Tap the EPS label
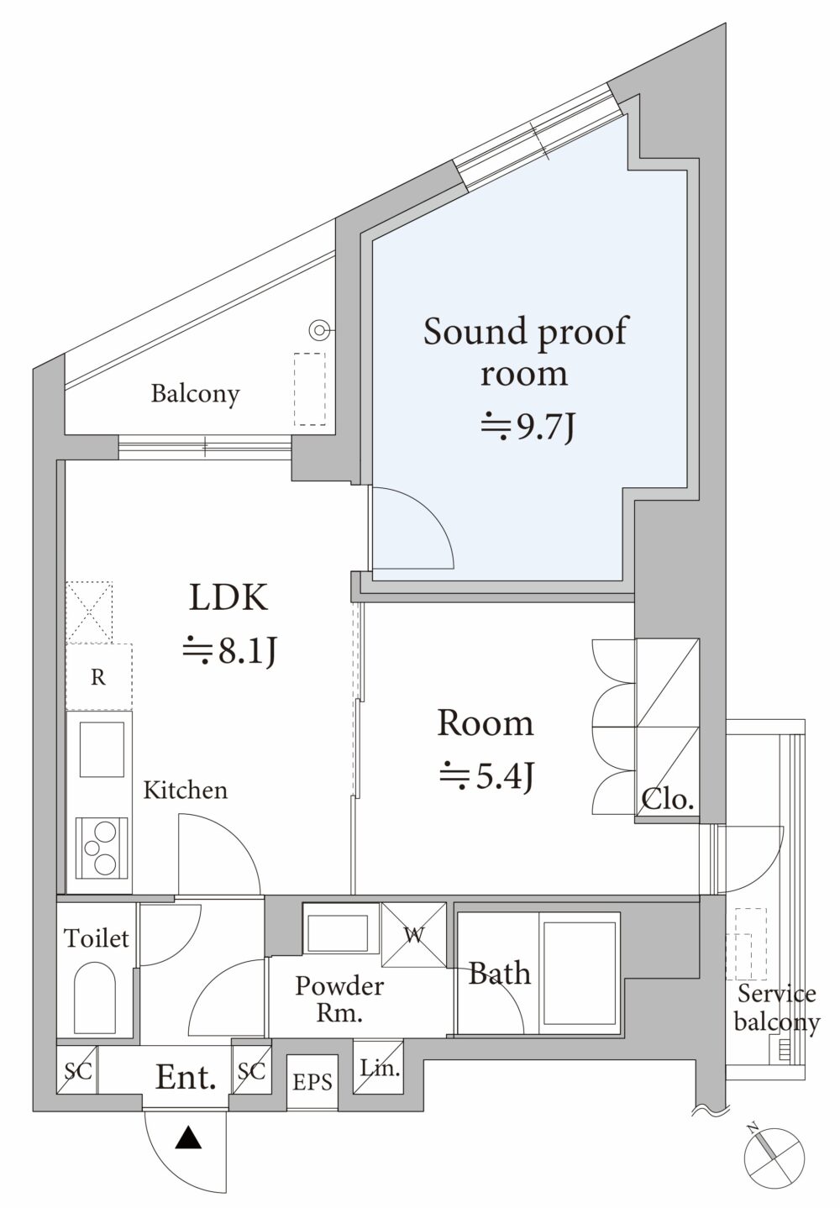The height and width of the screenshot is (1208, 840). point(312,1082)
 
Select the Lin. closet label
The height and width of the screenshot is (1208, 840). point(380,1069)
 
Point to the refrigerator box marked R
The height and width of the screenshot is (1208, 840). point(99,677)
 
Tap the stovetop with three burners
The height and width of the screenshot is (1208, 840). point(101,847)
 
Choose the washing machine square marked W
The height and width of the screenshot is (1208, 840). point(414,935)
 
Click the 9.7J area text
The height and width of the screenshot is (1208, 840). point(528,428)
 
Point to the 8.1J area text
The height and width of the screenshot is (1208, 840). point(229,650)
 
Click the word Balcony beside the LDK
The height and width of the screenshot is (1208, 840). point(195,393)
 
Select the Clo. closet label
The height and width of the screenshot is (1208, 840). point(668,799)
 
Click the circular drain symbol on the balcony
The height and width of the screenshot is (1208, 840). point(319,331)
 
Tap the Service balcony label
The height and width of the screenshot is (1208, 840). point(776,1007)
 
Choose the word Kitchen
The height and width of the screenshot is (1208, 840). point(185,790)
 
